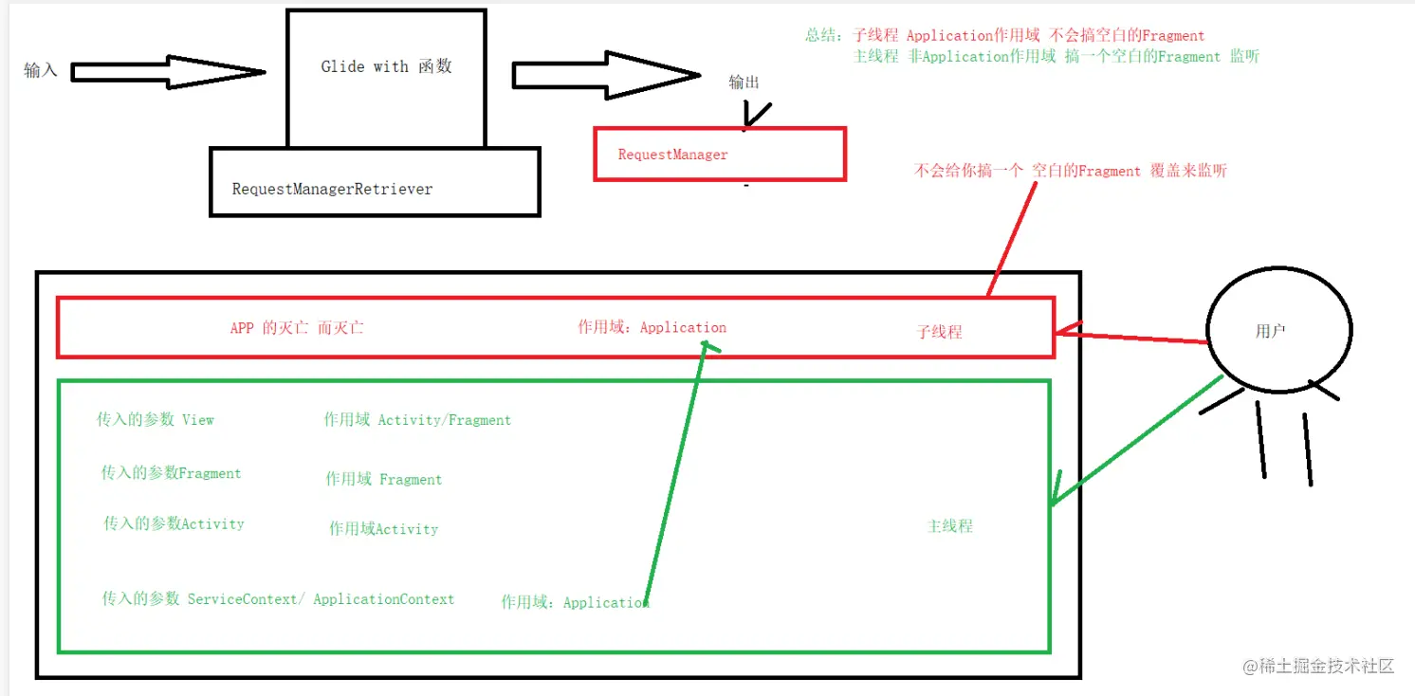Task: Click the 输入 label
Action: click(x=41, y=70)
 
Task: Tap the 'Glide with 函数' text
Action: click(x=386, y=66)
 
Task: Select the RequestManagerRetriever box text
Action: click(x=332, y=189)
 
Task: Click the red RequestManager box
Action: click(x=719, y=155)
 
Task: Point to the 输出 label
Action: click(x=744, y=82)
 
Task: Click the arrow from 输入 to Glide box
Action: click(x=167, y=72)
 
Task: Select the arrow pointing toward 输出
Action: click(x=605, y=75)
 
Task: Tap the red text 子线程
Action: click(x=939, y=332)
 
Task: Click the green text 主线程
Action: click(x=949, y=525)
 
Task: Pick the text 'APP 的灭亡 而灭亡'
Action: click(x=297, y=328)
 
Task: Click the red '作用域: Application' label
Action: click(x=652, y=327)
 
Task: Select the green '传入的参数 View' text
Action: click(x=156, y=419)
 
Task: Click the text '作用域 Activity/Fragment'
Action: click(x=417, y=419)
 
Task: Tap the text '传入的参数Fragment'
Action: click(x=171, y=473)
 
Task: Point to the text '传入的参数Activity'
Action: click(x=174, y=523)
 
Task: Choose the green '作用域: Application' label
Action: click(x=575, y=602)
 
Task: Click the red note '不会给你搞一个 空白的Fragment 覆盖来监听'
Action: click(x=1070, y=171)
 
